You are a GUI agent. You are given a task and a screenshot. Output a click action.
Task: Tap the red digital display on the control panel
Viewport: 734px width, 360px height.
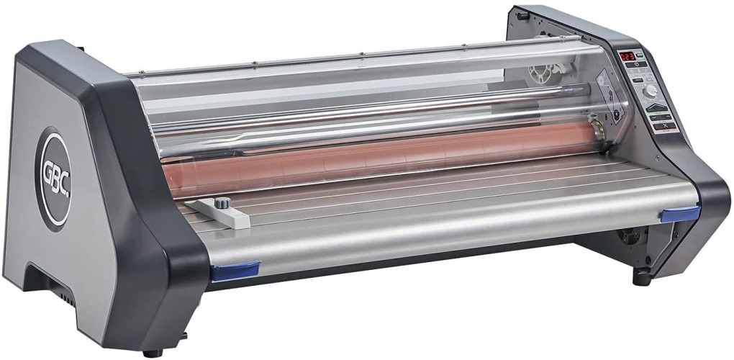click(x=627, y=56)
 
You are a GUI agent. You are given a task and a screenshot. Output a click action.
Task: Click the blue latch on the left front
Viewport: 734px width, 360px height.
click(x=235, y=270)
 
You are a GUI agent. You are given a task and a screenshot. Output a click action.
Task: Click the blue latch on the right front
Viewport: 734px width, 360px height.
click(x=681, y=213)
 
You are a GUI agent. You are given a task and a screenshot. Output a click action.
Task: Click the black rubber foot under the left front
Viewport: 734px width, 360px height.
click(x=152, y=353)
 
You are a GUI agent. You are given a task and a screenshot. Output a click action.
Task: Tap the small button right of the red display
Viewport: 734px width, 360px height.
click(x=640, y=55)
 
